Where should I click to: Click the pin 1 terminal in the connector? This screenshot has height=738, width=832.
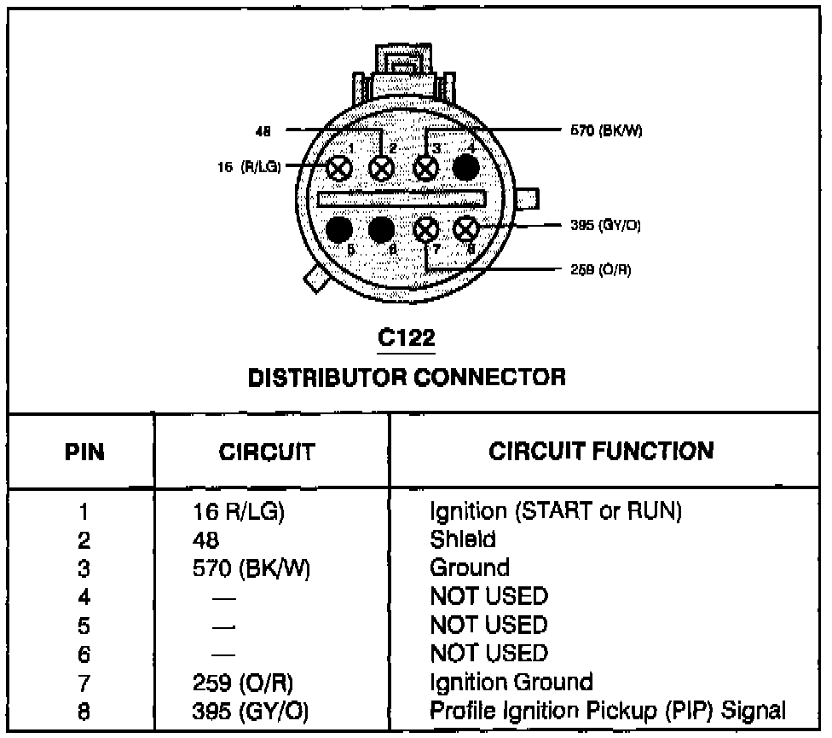pos(339,169)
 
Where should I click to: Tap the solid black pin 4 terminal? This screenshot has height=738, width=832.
pos(466,168)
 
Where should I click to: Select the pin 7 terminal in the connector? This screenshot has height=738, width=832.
pos(426,230)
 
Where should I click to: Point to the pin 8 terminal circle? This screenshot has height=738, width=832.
pos(466,229)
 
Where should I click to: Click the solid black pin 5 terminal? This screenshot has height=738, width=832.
pos(339,230)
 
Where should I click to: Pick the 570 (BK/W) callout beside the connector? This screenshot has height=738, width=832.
pos(606,130)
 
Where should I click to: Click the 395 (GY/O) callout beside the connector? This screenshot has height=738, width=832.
pos(605,226)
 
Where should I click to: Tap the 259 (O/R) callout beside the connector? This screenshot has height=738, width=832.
pos(601,270)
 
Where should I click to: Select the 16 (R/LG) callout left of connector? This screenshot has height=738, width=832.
pos(249,167)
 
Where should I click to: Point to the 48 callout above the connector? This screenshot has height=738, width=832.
pos(263,131)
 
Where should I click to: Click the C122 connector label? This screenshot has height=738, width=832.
pos(407,337)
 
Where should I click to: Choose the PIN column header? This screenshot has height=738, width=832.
pos(84,452)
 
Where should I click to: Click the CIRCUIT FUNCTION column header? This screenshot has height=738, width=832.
pos(601,451)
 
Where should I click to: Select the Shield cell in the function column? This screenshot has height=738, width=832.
pos(463,539)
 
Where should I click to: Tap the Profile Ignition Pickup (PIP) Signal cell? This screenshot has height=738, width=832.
pos(608,711)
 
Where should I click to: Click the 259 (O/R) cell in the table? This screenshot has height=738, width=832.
pos(242,683)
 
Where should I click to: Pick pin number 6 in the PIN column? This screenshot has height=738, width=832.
pos(84,654)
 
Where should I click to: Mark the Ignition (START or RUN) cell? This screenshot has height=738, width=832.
pos(556,511)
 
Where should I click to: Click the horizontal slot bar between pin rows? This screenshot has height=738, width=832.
pos(402,199)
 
